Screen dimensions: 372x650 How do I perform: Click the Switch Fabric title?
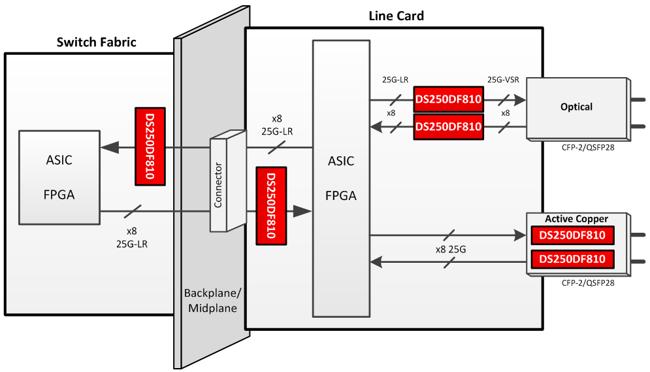tap(97, 42)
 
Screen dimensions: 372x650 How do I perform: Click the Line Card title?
tap(397, 16)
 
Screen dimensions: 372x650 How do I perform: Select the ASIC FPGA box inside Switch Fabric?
tap(59, 177)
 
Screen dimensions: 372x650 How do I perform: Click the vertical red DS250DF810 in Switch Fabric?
tap(150, 146)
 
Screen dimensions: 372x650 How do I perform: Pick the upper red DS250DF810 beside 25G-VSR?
tap(448, 100)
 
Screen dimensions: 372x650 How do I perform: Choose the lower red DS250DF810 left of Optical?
tap(448, 126)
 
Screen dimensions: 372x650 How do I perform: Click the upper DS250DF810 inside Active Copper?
tap(572, 235)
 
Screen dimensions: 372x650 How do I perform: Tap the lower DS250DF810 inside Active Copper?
tap(572, 260)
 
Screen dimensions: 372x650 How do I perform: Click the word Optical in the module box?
tap(576, 107)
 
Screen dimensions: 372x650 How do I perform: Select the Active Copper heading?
tap(576, 219)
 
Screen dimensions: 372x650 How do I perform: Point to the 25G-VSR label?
tap(503, 80)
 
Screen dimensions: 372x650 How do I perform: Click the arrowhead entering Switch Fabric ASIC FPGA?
tap(108, 148)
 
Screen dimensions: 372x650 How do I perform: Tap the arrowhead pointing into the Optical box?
tap(519, 100)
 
